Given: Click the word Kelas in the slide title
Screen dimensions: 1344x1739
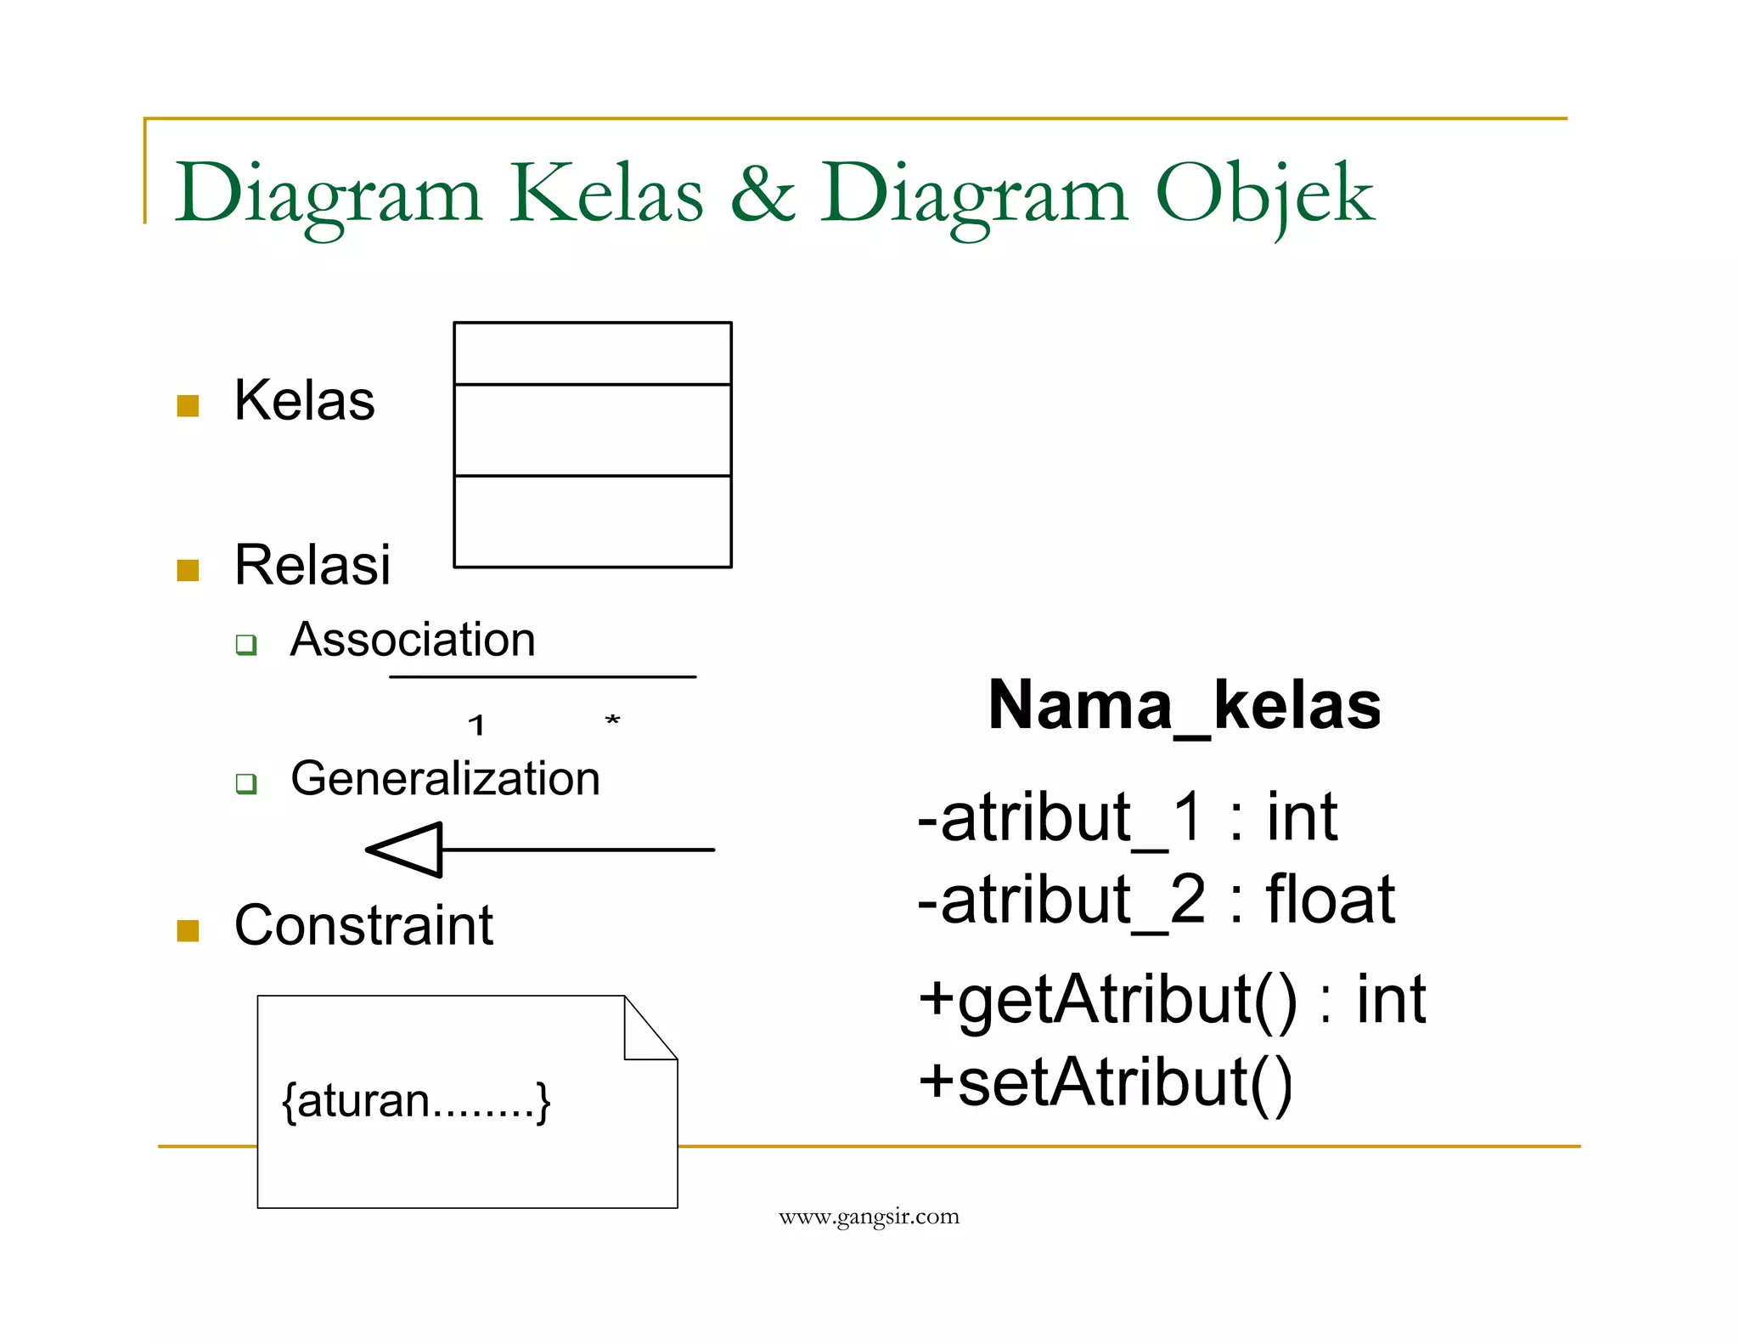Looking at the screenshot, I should tap(606, 194).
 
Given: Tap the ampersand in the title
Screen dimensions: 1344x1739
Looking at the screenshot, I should tap(762, 194).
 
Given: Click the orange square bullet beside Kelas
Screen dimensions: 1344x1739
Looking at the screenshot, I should tap(188, 405).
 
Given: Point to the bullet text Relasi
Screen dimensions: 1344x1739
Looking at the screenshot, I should tap(312, 565).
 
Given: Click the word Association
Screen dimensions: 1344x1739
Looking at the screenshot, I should tap(413, 639).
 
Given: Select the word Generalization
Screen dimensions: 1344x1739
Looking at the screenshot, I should tap(445, 778).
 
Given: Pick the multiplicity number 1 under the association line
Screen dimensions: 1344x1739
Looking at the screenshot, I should tap(476, 725).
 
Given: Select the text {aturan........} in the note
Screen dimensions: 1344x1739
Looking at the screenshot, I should tap(416, 1101).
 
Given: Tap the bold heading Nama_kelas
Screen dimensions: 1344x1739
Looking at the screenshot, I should tap(1185, 706).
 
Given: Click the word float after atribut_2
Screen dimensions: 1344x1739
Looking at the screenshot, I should tap(1330, 899).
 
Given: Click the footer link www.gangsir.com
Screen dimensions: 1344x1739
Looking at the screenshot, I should tap(869, 1217).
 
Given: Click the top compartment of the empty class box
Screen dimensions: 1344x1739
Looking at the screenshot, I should tap(593, 353).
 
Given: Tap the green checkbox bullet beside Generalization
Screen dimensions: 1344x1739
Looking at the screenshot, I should tap(246, 782).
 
